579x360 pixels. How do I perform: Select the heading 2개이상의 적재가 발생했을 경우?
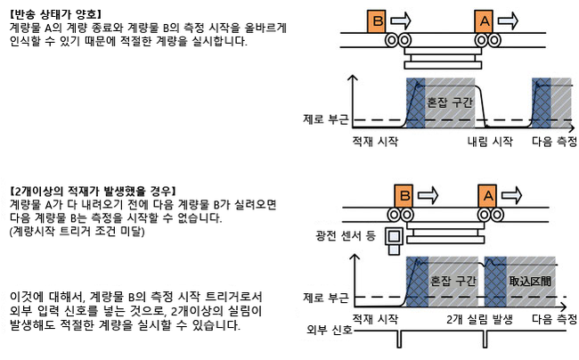92,191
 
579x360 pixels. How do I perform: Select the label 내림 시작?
490,142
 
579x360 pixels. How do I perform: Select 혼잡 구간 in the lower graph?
453,280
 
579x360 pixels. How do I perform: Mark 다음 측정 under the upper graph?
552,142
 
